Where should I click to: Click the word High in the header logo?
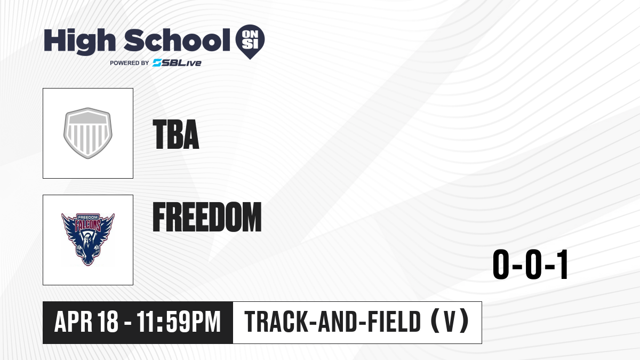[79, 41]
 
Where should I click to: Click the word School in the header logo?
[177, 40]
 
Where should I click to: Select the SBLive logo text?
[177, 63]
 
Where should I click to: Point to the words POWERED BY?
[130, 63]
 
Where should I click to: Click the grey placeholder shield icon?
[88, 133]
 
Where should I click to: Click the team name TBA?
[176, 134]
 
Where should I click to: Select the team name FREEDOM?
[207, 217]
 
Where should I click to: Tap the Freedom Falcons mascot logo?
[88, 239]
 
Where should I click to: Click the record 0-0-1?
[531, 265]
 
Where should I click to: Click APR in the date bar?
[74, 322]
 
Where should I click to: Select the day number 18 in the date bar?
[108, 322]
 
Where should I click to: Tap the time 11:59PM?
[179, 322]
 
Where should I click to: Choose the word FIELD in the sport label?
[394, 322]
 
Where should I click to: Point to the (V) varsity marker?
[450, 322]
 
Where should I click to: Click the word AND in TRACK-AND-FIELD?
[338, 322]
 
